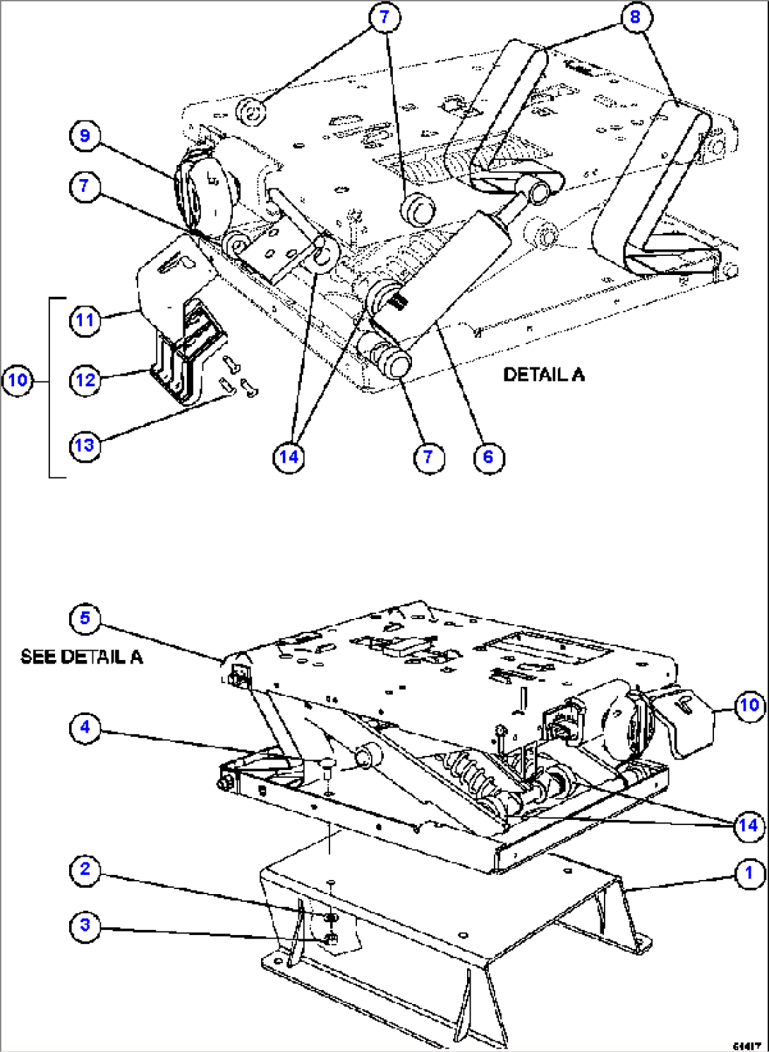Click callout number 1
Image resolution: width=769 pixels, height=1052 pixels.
pos(749,874)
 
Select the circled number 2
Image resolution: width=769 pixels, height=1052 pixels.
pos(85,869)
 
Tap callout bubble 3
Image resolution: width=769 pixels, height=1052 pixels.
pos(85,925)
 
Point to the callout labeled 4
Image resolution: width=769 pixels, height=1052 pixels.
pos(85,727)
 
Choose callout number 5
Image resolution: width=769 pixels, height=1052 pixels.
pos(85,618)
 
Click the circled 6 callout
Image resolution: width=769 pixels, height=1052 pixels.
pos(488,457)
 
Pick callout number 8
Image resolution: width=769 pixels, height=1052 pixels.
pos(635,17)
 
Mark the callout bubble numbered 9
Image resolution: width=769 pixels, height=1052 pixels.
pos(85,135)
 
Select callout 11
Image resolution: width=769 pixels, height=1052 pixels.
pos(85,321)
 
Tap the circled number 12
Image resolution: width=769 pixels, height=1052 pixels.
pos(85,381)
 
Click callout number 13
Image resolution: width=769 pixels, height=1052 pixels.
pos(85,446)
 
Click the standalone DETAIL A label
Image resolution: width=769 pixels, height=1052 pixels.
pos(543,374)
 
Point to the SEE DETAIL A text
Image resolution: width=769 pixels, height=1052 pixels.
pos(81,657)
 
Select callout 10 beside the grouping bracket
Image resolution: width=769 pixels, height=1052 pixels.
pos(18,381)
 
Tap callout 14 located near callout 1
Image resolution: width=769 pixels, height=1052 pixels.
pos(749,825)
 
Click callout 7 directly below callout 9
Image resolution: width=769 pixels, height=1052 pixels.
pos(85,187)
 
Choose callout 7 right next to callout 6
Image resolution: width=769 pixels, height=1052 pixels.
pos(428,457)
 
